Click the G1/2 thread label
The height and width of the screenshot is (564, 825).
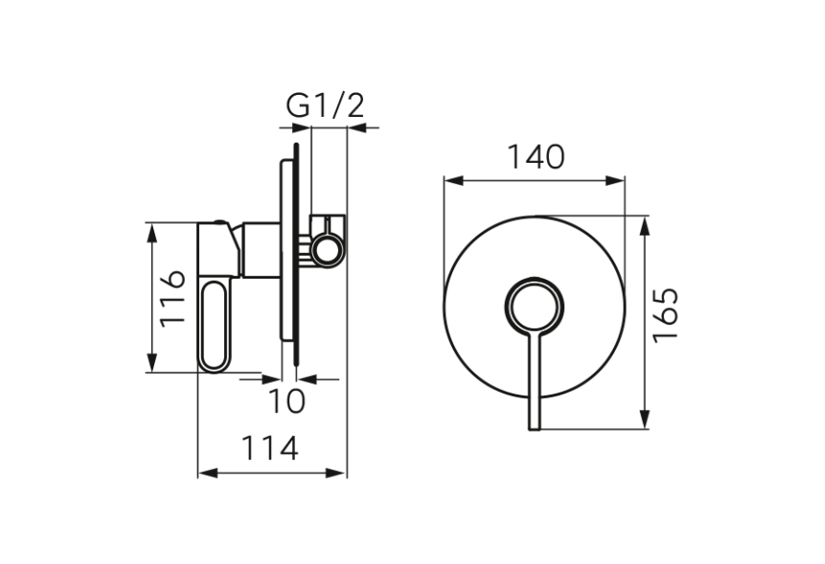click(326, 106)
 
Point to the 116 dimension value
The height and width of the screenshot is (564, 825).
click(173, 298)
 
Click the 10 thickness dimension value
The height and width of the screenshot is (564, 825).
click(286, 401)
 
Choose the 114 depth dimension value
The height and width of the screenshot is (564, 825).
click(270, 448)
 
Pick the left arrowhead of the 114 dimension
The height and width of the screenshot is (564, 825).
click(204, 472)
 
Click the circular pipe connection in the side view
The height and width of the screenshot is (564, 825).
click(327, 251)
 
